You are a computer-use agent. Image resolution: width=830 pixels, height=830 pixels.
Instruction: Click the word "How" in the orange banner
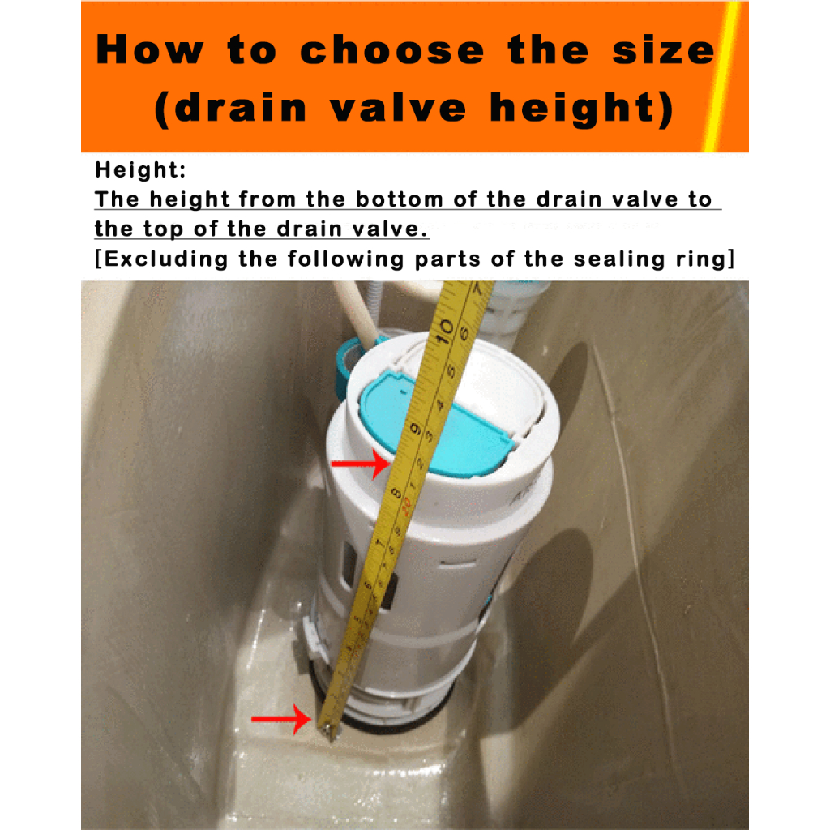coord(150,49)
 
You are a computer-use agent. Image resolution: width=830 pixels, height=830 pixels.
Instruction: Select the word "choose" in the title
coord(392,50)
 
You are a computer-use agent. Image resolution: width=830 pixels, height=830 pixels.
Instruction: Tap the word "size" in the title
coord(664,50)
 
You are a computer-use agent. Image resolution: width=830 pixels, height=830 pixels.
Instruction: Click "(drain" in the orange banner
coord(231,108)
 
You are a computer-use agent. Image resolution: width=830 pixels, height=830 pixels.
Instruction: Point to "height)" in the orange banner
coord(582,108)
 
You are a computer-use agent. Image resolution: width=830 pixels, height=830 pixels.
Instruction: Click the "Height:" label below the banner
coord(140,170)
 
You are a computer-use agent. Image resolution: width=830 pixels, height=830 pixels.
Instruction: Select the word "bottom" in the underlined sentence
coord(399,199)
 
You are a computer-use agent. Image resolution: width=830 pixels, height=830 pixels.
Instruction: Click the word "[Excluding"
coord(162,259)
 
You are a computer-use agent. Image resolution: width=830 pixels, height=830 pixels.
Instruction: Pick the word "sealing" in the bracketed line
coord(619,259)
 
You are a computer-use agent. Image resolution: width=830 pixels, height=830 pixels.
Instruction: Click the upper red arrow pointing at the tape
coord(361,464)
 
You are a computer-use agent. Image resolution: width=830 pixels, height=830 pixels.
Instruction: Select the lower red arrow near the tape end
coord(281,718)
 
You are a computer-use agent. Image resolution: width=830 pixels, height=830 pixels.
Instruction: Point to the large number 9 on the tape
coord(416,429)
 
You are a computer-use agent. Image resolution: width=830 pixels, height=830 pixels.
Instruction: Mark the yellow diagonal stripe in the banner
coord(721,77)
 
